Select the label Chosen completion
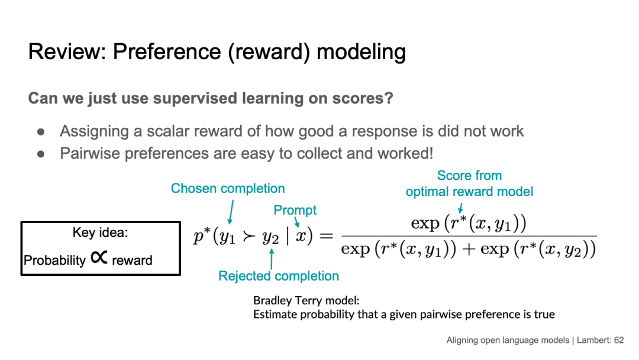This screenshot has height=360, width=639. (x=228, y=188)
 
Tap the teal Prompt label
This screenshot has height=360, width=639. (x=295, y=210)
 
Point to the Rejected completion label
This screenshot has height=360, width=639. (x=279, y=276)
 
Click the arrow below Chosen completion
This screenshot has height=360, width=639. (x=230, y=211)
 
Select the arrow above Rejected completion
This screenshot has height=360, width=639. (x=272, y=258)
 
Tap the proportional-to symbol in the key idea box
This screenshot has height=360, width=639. (x=99, y=258)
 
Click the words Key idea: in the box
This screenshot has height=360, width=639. (x=100, y=233)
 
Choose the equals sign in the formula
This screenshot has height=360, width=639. (x=327, y=237)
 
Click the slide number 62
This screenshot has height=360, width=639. (x=619, y=340)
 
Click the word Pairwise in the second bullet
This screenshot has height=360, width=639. (x=89, y=153)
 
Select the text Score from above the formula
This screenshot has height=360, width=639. (x=469, y=176)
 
